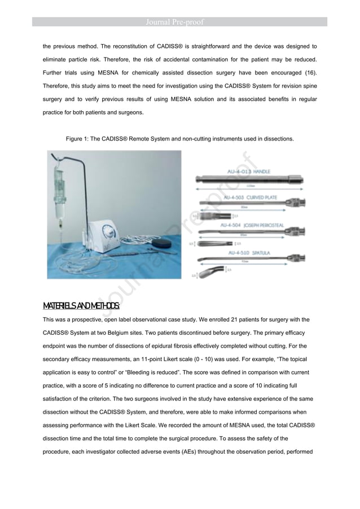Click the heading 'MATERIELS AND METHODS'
(81, 306)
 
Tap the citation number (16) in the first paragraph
(308, 73)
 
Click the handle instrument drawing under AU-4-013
(248, 180)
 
